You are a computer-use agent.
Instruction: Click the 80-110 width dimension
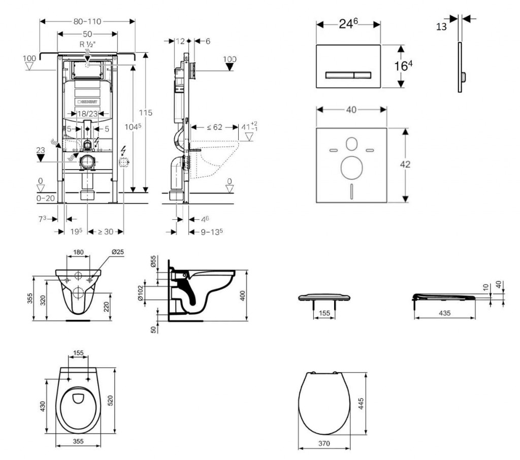87,21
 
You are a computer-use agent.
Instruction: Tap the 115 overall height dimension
146,112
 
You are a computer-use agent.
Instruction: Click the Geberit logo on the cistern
88,102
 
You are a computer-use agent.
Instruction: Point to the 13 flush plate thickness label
442,26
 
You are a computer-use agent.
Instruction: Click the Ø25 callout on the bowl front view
117,252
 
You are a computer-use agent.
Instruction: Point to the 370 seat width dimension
323,444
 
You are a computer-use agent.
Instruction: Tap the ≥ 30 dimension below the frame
105,232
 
